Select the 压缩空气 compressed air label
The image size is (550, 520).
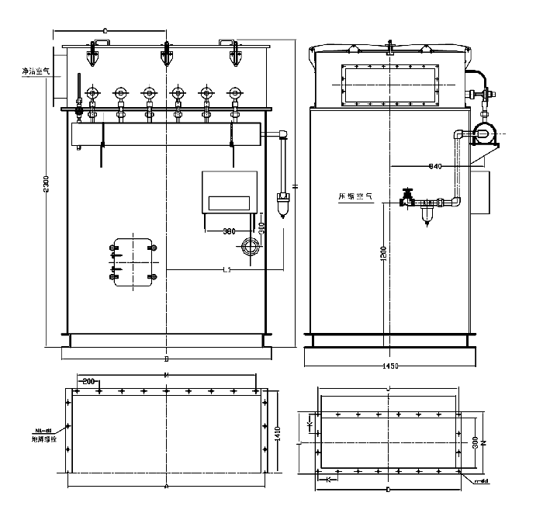pos(356,197)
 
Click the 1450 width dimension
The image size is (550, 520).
pos(392,364)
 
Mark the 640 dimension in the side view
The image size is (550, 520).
pos(434,166)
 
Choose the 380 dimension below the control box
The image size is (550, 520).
pos(229,231)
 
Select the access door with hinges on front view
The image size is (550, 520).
pos(133,260)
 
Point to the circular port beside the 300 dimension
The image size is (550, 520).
pos(250,248)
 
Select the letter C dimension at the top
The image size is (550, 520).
pos(104,30)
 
